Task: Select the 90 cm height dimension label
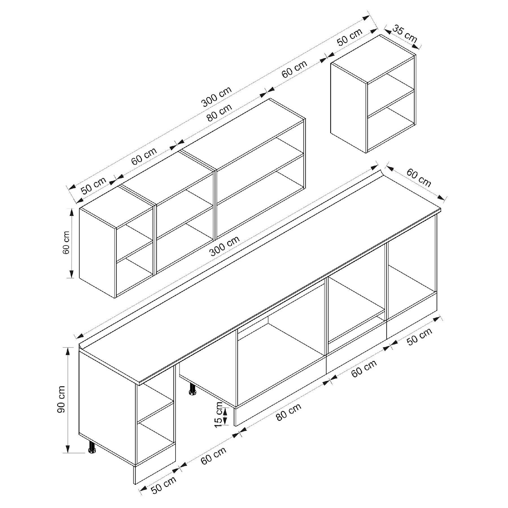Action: click(x=61, y=399)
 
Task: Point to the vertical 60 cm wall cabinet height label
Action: click(x=66, y=243)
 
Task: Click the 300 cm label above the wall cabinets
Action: click(x=217, y=97)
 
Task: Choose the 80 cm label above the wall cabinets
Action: click(x=219, y=112)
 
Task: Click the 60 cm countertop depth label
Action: click(x=419, y=178)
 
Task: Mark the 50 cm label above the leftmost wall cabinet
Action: click(x=94, y=186)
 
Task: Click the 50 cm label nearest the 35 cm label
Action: click(x=350, y=37)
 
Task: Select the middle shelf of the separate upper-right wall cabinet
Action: click(x=391, y=103)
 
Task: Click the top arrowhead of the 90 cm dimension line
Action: click(x=68, y=352)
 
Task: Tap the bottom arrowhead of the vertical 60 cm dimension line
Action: click(x=71, y=274)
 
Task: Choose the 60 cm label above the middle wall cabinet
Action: click(x=144, y=156)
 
